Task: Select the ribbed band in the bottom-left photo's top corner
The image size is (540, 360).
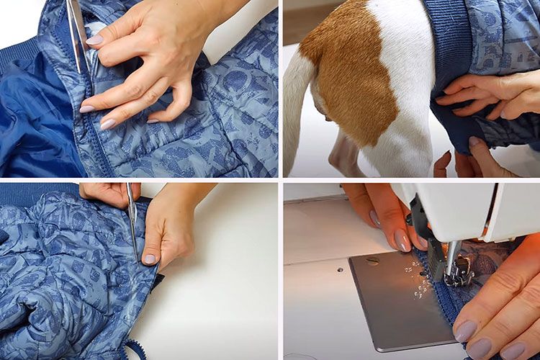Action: point(36,191)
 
